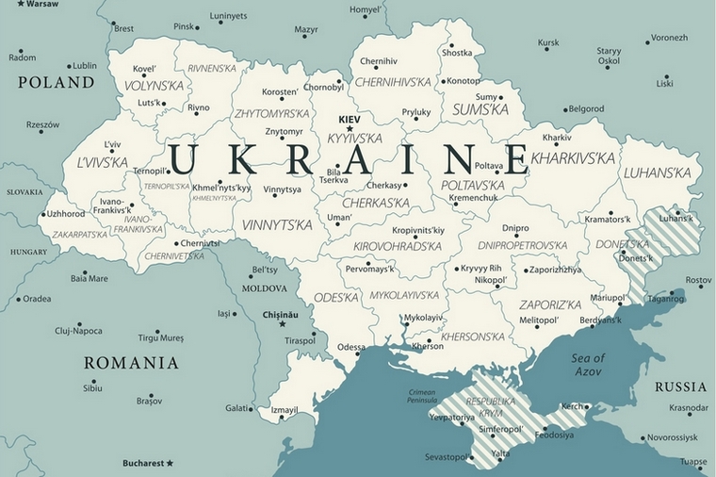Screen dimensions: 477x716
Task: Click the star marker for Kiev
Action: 350,129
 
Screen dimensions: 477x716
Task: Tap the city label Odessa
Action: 350,347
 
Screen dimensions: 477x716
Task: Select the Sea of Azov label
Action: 588,365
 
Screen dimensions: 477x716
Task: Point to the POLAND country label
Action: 56,82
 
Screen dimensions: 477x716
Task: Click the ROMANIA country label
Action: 131,363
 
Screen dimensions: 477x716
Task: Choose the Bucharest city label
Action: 142,463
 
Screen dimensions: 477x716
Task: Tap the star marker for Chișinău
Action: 282,324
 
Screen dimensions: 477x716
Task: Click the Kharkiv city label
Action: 557,138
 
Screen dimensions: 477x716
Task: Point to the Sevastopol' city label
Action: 446,457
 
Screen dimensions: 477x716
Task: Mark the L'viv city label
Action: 113,144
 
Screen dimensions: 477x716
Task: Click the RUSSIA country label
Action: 680,387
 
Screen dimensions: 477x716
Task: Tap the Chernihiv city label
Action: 378,61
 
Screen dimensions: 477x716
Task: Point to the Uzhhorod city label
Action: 66,214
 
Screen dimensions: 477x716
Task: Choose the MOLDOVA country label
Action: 264,288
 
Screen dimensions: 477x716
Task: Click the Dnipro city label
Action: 515,228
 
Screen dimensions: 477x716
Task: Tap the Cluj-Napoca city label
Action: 78,331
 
